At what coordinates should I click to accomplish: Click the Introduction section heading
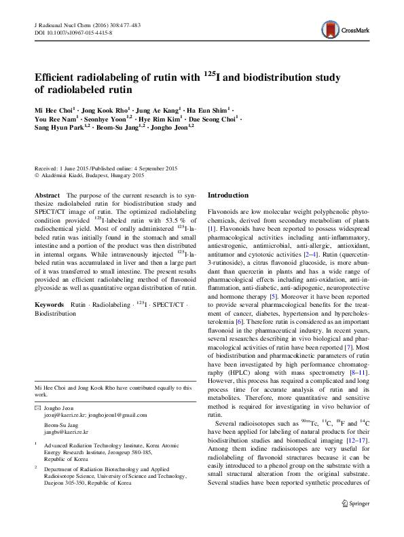pos(231,195)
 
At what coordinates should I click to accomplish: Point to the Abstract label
pos(46,196)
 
